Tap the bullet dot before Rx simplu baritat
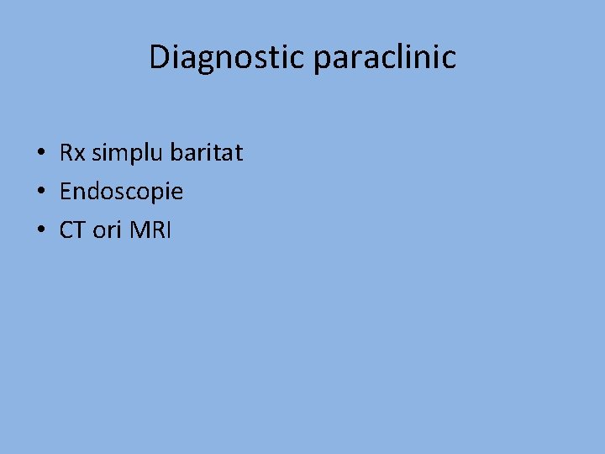[x=40, y=154]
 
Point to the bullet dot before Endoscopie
[x=40, y=193]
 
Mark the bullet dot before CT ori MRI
[x=40, y=231]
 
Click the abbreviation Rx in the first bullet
[x=72, y=153]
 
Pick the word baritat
[x=207, y=153]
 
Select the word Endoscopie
[x=121, y=193]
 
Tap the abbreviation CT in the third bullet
[x=72, y=230]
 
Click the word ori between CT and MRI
[x=108, y=230]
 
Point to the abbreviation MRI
[x=151, y=230]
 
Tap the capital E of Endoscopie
[x=66, y=192]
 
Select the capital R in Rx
[x=66, y=153]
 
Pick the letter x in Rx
[x=79, y=156]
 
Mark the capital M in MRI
[x=139, y=230]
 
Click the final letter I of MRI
[x=169, y=230]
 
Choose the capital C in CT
[x=66, y=230]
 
